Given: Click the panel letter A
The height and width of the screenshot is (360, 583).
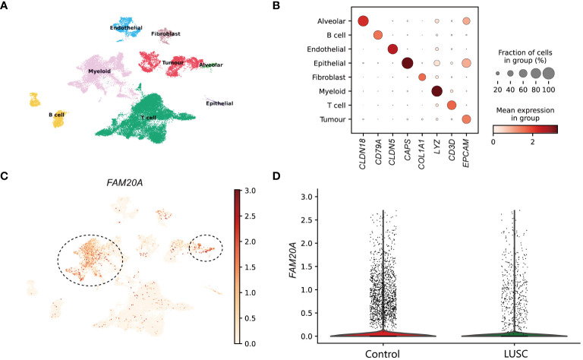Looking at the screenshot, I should click(6, 8).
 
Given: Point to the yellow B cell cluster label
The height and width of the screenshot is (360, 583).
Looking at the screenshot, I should click(56, 115).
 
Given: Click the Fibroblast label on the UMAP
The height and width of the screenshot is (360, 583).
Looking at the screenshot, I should click(165, 33).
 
